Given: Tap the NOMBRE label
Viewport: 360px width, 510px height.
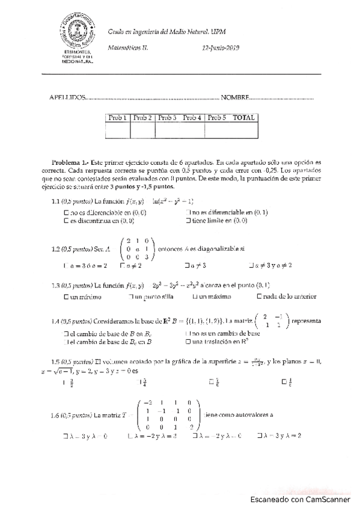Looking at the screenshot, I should click(x=234, y=97).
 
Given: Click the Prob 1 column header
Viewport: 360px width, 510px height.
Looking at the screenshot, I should click(x=117, y=118).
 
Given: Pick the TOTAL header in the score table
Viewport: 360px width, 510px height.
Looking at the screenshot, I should click(x=243, y=118).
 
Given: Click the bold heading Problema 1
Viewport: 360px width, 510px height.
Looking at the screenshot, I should click(x=70, y=162).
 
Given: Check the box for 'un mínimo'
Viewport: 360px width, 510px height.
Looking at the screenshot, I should click(x=66, y=296).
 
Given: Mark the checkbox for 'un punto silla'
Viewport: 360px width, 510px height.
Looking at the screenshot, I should click(x=130, y=296).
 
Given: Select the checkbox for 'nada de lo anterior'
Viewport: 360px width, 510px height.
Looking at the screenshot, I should click(x=260, y=296).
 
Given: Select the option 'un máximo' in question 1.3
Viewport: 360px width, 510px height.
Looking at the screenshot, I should click(x=195, y=296).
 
